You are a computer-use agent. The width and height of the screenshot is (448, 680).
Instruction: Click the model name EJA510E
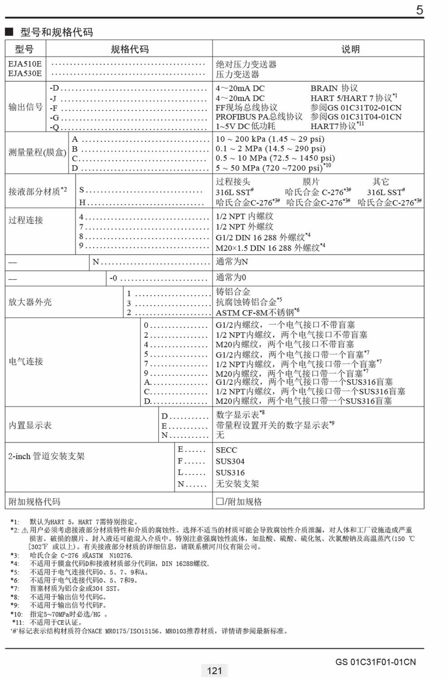[x=25, y=64]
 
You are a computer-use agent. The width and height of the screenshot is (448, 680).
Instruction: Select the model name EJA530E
[x=25, y=74]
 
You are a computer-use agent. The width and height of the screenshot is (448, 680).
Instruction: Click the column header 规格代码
[x=129, y=49]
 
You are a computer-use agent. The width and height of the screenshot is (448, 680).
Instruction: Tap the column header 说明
[x=350, y=49]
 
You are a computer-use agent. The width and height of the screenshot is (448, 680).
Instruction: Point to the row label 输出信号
[x=25, y=107]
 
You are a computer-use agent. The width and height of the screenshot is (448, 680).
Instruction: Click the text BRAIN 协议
[x=334, y=88]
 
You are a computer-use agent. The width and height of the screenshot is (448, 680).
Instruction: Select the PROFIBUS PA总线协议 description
[x=259, y=117]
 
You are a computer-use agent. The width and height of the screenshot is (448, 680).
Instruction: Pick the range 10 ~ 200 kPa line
[x=270, y=139]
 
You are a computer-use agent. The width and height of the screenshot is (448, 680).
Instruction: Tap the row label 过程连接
[x=26, y=220]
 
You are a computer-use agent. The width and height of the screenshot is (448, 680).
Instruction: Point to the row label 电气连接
[x=26, y=361]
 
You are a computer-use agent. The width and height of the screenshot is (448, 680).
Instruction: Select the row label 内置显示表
[x=30, y=425]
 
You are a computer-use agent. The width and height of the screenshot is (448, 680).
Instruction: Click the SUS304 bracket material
[x=230, y=461]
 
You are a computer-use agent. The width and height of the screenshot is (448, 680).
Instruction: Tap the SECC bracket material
[x=226, y=450]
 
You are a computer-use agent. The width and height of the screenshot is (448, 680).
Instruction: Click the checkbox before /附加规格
[x=220, y=501]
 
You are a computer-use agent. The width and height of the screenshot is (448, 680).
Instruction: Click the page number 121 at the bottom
[x=215, y=671]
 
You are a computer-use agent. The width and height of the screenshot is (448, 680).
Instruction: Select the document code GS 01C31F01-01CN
[x=375, y=662]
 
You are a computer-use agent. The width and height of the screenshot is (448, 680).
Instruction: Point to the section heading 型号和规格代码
[x=56, y=32]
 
